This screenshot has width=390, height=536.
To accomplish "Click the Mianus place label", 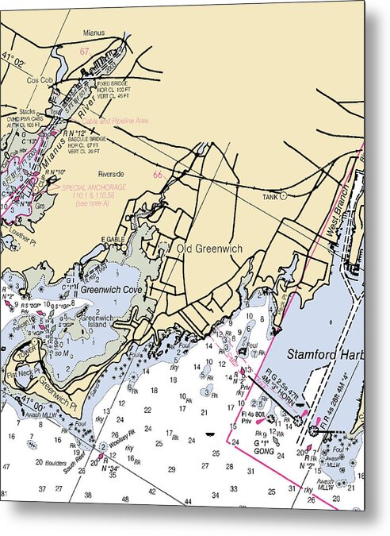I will [94, 33].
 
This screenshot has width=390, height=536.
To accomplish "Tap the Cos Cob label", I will [39, 80].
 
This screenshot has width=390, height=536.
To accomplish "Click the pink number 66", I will [157, 175].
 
